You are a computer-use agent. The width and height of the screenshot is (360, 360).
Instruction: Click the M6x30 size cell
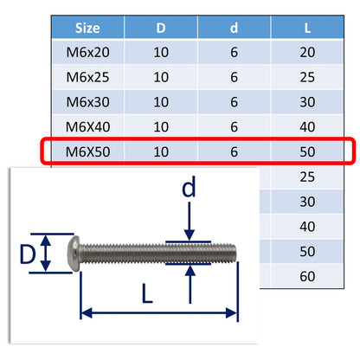tap(87, 103)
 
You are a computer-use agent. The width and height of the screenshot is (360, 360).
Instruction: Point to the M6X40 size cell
tap(87, 128)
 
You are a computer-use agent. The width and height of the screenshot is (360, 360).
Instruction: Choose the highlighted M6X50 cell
tap(87, 153)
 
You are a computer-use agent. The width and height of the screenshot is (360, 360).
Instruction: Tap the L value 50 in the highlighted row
tap(308, 153)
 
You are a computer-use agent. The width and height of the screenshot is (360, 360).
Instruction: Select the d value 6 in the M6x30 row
tap(234, 103)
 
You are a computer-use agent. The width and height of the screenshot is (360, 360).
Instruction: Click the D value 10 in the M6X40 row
tap(162, 128)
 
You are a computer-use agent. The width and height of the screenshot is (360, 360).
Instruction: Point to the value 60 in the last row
tap(308, 278)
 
